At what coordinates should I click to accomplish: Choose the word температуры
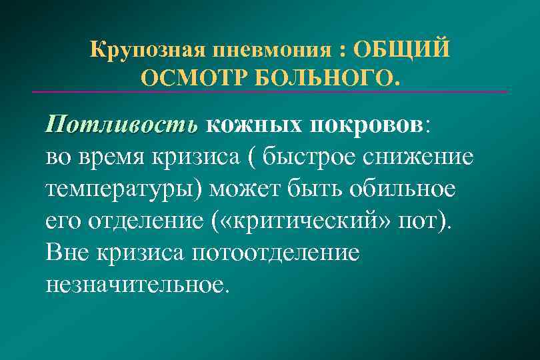click(123, 189)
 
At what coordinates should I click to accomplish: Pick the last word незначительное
click(137, 284)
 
